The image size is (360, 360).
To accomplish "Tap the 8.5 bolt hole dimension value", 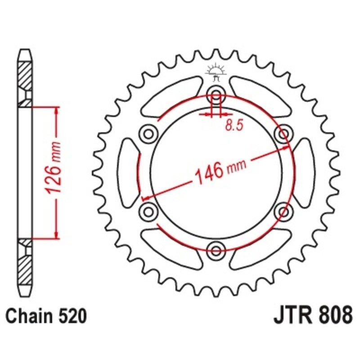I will [x=234, y=126].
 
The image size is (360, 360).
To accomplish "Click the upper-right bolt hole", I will [x=283, y=134].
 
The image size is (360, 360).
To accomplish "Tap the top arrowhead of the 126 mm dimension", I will [x=56, y=111].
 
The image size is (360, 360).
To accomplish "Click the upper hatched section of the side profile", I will [x=25, y=74].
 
